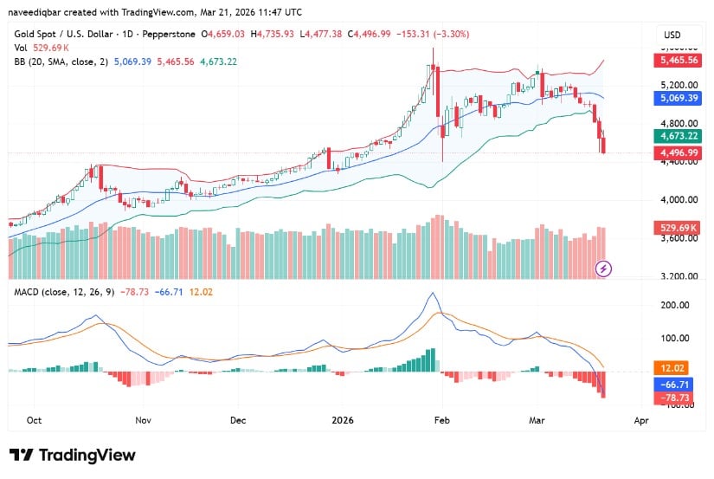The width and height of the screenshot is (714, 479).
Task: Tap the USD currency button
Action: click(672, 34)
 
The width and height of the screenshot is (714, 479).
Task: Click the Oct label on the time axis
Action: click(35, 420)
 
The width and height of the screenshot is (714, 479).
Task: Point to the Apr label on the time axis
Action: click(640, 420)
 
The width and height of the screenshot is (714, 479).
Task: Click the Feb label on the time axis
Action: click(441, 420)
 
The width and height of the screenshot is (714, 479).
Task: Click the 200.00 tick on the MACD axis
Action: click(673, 306)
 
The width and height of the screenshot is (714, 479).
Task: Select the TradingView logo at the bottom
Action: click(73, 456)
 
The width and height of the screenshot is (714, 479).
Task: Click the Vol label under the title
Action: click(20, 49)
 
